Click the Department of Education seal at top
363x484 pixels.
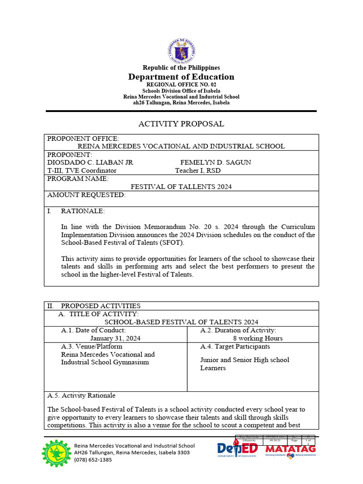tap(181, 51)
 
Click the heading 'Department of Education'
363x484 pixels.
tap(181, 77)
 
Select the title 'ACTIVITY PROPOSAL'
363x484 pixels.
tap(181, 124)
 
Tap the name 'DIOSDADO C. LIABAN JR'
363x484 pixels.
tap(90, 162)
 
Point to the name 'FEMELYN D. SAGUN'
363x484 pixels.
tap(216, 162)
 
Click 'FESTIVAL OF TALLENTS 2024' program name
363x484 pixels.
tap(181, 187)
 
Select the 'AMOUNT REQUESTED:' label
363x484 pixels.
tap(86, 195)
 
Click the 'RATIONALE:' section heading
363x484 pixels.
tap(83, 211)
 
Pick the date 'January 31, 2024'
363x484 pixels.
tap(115, 338)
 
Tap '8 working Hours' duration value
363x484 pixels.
tap(258, 338)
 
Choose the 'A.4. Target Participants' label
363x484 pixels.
tap(235, 346)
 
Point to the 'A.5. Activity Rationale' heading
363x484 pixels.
tap(81, 395)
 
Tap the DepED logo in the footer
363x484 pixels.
tap(237, 449)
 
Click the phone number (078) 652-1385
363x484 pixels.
tap(94, 459)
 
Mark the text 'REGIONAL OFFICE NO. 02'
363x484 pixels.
tap(181, 85)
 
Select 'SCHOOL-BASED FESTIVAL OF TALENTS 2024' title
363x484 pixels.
tap(181, 322)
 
